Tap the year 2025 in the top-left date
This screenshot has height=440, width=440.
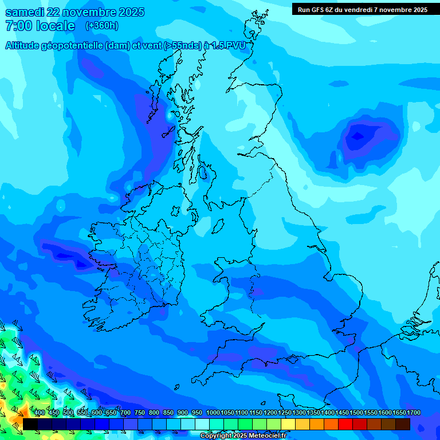(x=128, y=13)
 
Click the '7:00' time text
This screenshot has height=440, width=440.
(x=17, y=26)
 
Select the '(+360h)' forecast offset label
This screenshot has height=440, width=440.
(x=101, y=26)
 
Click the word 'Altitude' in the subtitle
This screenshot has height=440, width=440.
(x=25, y=46)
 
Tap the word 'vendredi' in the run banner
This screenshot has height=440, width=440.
(x=357, y=10)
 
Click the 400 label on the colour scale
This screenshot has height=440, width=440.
(x=40, y=413)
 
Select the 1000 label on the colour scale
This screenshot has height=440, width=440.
(x=213, y=413)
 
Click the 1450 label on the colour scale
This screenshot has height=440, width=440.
(x=342, y=413)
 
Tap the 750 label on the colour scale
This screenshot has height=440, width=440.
(x=140, y=413)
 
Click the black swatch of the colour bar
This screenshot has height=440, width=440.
(x=30, y=424)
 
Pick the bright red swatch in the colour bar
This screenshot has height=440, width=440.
(x=345, y=424)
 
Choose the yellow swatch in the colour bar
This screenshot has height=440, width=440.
(x=288, y=424)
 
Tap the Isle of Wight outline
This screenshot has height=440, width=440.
(x=292, y=360)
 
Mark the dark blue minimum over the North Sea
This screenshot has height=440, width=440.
(x=357, y=136)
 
